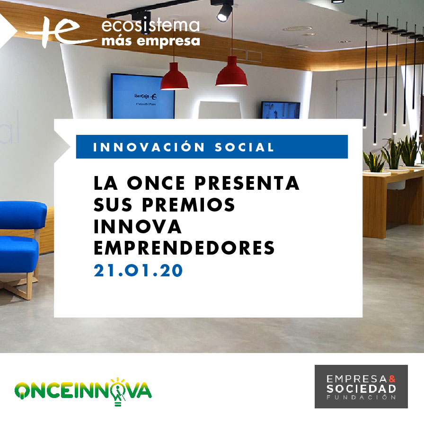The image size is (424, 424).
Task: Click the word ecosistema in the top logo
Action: [x=150, y=26]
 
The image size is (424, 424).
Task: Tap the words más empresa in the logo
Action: [x=150, y=41]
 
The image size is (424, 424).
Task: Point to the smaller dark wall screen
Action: [x=280, y=110]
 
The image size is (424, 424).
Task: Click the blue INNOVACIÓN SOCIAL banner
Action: [x=212, y=147]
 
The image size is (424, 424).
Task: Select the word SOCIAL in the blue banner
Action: [x=244, y=147]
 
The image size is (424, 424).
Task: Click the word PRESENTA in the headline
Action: [x=247, y=184]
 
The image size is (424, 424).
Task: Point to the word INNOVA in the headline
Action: [x=138, y=227]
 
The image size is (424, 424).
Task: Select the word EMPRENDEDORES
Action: [x=184, y=248]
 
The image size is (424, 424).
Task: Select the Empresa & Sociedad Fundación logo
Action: [x=361, y=386]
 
